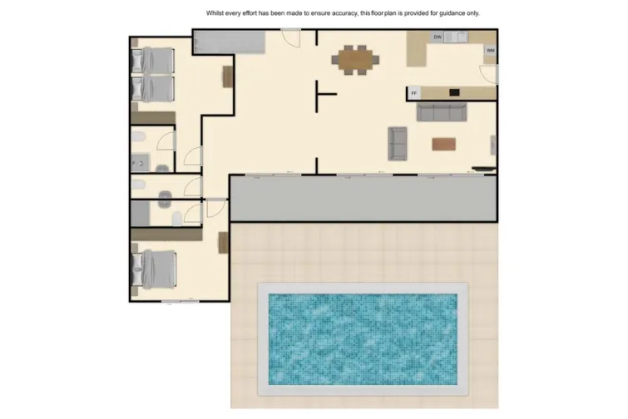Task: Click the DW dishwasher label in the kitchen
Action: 438,37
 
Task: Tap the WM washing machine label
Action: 490,51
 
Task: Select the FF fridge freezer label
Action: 413,92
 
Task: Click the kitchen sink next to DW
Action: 457,37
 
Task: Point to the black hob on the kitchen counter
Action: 454,92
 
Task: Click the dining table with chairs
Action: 356,60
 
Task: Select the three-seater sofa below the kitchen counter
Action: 442,112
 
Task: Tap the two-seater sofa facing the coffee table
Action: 398,143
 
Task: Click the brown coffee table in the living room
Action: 443,144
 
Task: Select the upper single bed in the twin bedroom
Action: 154,60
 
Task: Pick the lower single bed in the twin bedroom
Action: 154,87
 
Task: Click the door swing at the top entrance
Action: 290,38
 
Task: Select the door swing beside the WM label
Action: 491,75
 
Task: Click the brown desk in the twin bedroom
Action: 226,76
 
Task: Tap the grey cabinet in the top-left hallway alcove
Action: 230,42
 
